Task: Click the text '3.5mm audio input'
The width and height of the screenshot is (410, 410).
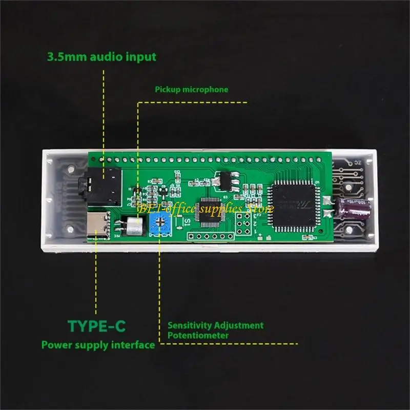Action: [101, 57]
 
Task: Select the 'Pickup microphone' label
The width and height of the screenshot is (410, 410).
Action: [192, 89]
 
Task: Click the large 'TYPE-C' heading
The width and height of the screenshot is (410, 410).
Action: [97, 326]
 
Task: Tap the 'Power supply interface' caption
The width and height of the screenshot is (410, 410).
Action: [98, 345]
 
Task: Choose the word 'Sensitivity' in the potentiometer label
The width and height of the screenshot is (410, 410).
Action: [189, 325]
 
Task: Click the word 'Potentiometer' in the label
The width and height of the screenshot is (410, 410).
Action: [198, 336]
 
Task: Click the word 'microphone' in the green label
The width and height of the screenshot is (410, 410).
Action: [206, 89]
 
